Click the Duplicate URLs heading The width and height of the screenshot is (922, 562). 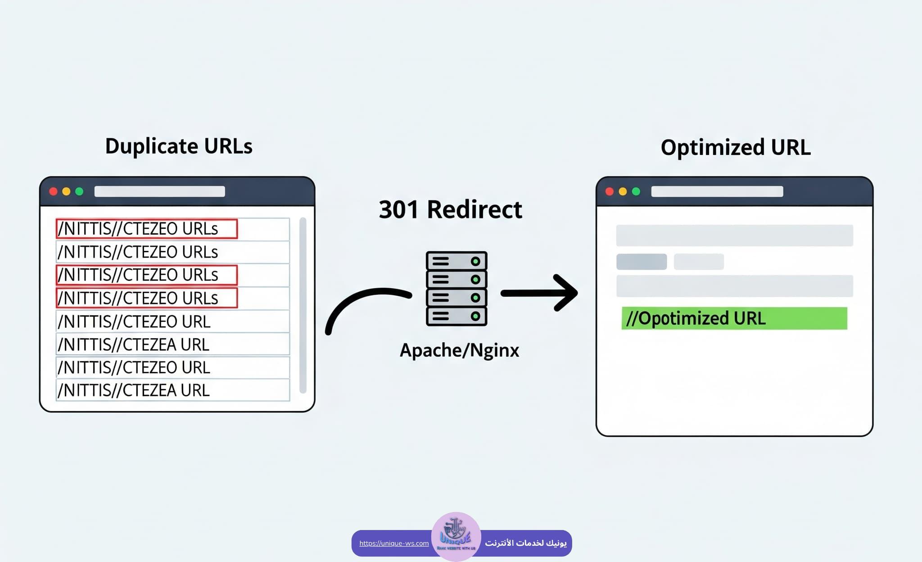tap(179, 146)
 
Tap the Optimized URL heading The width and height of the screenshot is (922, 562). tap(735, 148)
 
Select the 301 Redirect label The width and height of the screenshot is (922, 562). tap(450, 210)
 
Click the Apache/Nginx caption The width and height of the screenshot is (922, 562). tap(459, 350)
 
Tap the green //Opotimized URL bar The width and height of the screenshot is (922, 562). tap(734, 318)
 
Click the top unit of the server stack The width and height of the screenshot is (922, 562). tap(456, 261)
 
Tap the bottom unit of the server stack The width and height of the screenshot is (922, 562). tap(456, 316)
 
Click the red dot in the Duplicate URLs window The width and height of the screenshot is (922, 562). tap(53, 191)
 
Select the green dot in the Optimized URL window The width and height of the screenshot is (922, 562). tap(636, 191)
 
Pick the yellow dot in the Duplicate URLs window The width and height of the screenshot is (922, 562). tap(66, 191)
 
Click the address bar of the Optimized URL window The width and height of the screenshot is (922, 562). tap(717, 191)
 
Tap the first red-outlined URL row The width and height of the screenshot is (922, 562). tap(147, 229)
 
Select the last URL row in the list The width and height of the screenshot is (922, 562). tap(173, 390)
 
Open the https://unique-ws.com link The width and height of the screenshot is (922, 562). tap(394, 543)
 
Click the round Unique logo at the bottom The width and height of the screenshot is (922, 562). tap(456, 536)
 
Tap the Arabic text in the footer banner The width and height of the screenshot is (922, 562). tap(525, 543)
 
